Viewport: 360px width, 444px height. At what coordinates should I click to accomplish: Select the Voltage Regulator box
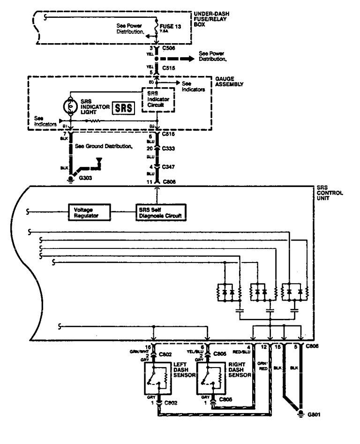click(x=89, y=212)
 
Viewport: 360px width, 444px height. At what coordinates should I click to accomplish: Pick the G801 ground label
click(x=314, y=415)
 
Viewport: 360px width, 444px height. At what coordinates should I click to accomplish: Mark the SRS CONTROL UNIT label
click(x=332, y=193)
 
